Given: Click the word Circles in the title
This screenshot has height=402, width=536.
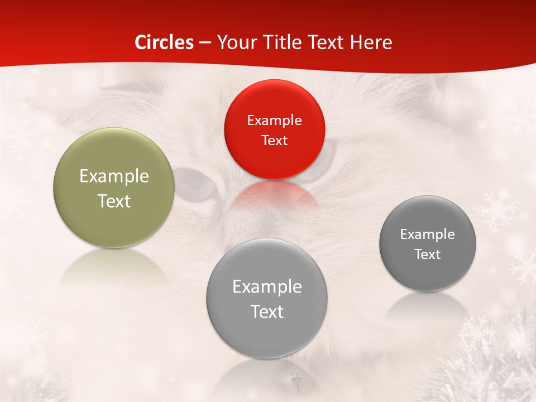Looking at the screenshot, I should click(164, 42).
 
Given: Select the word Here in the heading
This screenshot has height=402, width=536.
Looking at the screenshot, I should click(371, 42).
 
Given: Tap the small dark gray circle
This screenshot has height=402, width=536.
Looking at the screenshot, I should click(428, 274).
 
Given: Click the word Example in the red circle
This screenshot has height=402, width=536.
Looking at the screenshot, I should click(274, 121).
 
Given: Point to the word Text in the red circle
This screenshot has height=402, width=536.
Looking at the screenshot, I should click(274, 140).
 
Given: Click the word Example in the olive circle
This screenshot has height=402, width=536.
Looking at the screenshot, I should click(114, 176).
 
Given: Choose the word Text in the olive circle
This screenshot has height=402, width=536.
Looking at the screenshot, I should click(114, 201).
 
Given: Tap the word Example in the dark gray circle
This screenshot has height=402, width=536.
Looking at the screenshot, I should click(428, 234).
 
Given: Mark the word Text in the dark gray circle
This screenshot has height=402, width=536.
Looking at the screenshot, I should click(428, 255).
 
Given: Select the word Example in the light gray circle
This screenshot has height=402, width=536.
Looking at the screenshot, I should click(267, 287).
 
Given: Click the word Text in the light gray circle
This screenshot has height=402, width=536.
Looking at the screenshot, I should click(267, 312).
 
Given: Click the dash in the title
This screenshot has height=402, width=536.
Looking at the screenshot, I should click(205, 43).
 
